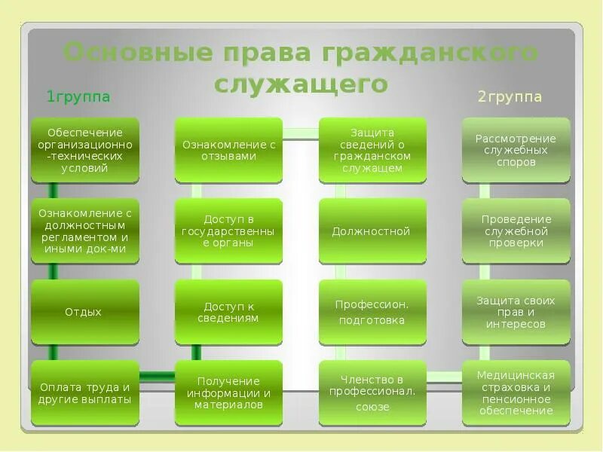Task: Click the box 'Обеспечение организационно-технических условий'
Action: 85,149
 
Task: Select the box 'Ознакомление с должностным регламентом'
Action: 85,231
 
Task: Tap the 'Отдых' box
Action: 85,312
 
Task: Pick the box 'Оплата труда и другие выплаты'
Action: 85,393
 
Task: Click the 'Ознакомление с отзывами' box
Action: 229,149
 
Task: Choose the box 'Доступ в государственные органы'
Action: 229,231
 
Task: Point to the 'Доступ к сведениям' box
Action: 229,312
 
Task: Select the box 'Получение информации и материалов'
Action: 229,393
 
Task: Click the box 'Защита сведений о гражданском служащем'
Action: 372,149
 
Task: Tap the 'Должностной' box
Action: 372,231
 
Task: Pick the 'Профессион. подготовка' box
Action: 372,312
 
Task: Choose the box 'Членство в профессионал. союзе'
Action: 372,393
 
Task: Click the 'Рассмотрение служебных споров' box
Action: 516,149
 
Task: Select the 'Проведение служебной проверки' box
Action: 516,231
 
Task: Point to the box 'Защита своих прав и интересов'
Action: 516,312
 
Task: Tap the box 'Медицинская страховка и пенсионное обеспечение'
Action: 516,393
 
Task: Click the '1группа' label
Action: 78,96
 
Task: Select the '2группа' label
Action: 510,96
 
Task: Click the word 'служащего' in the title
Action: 301,83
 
